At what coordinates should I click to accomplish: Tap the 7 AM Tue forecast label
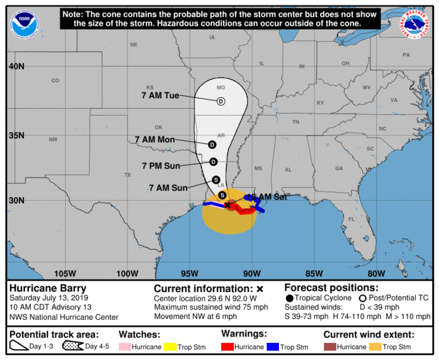coord(161,95)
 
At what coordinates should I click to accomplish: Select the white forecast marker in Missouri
coord(221,101)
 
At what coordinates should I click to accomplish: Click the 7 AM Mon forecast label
coord(155,139)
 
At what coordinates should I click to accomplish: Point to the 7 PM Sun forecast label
coord(161,166)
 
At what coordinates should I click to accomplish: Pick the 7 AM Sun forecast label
coord(168,187)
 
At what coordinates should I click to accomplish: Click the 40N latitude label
coord(16,66)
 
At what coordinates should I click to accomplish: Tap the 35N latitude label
coord(16,135)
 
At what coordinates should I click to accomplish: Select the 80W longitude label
coord(376,273)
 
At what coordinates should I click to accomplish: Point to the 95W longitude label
coord(189,273)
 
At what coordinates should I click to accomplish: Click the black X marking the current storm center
coord(227,205)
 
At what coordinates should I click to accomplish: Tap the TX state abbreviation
coord(127,174)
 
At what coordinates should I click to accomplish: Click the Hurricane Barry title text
coord(47,289)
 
